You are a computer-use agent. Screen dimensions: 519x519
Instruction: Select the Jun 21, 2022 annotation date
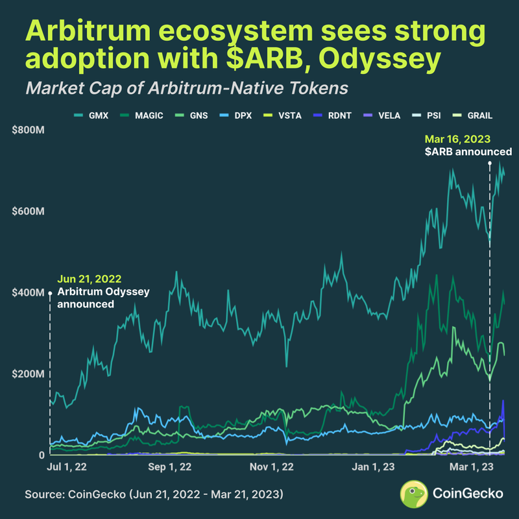click(x=89, y=279)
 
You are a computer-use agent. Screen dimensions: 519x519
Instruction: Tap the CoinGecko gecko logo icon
click(x=413, y=493)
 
